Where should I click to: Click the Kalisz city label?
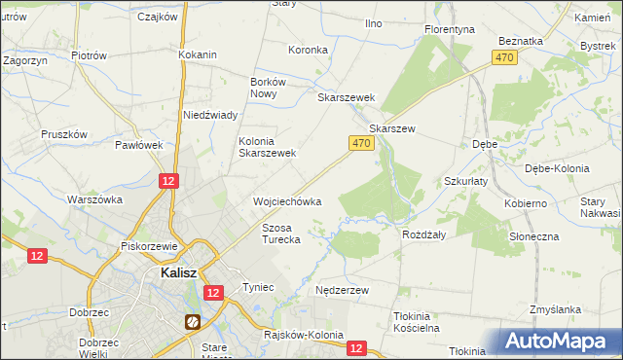[x=175, y=273]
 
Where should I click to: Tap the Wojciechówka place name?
[x=287, y=201]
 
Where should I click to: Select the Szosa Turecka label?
[x=281, y=233]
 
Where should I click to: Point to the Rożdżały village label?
[x=423, y=234]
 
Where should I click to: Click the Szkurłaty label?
[x=466, y=181]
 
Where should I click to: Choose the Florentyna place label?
[x=449, y=30]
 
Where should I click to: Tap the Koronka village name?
[x=309, y=50]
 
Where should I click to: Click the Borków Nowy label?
[x=268, y=88]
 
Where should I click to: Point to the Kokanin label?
[x=197, y=55]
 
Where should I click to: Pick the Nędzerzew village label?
[x=342, y=291]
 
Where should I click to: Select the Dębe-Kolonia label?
[x=557, y=168]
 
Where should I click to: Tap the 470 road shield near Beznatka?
[x=503, y=58]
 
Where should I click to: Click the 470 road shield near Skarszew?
[x=360, y=143]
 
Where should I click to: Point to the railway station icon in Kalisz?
[x=193, y=321]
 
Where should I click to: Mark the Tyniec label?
[x=259, y=288]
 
